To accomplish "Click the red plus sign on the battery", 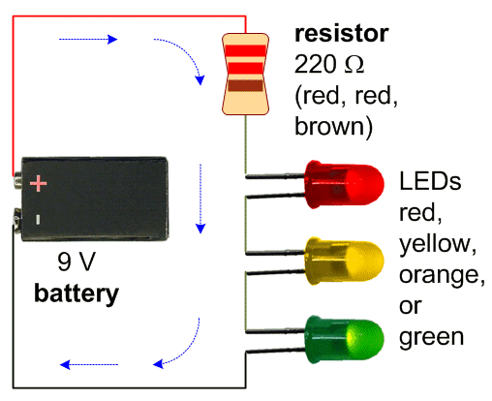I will coord(38,181).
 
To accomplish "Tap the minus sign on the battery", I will coord(37,220).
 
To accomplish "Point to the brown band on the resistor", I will coord(245,86).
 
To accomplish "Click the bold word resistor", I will coord(341,35).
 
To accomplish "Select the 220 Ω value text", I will coord(328,65).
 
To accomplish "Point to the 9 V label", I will coord(77,262).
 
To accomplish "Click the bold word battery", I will coord(77,293).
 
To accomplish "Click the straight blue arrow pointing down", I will coord(200,198).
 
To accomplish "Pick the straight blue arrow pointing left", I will coord(91,364).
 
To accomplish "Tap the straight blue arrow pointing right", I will coord(89,40).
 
